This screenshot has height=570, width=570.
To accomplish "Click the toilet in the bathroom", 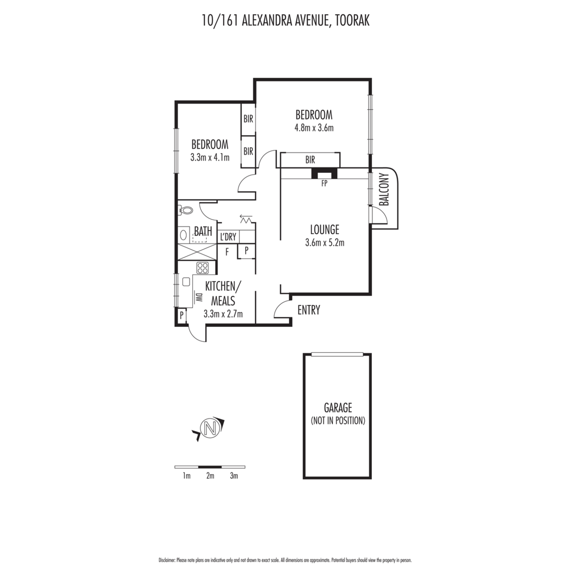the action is click(185, 210).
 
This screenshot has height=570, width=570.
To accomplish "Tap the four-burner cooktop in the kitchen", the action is click(203, 268).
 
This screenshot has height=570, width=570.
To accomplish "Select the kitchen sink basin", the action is click(186, 282).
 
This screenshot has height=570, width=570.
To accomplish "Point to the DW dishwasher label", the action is click(199, 297).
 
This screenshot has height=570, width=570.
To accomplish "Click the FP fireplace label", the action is click(324, 184).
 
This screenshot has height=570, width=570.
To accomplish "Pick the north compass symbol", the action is click(210, 427).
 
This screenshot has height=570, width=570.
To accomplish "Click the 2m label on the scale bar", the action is click(210, 476).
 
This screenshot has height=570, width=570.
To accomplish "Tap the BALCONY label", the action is click(385, 190).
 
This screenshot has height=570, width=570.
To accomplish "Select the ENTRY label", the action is click(309, 310).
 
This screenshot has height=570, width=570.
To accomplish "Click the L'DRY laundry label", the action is click(228, 237).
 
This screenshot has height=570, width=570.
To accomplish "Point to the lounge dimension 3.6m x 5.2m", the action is click(325, 243).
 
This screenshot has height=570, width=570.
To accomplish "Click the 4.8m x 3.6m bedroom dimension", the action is click(314, 128).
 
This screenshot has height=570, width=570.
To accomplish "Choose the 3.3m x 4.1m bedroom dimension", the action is click(210, 158).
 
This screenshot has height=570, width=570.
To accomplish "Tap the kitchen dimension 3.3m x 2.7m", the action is click(223, 314).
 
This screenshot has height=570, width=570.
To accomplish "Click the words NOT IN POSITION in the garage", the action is click(338, 420).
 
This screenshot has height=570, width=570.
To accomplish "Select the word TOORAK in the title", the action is click(352, 21).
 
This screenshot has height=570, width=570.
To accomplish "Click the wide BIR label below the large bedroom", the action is click(310, 160).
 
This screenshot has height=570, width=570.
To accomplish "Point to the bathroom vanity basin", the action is click(183, 235).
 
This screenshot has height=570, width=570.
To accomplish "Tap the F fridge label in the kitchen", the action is click(227, 252).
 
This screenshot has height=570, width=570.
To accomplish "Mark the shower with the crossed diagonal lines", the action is click(197, 252).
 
